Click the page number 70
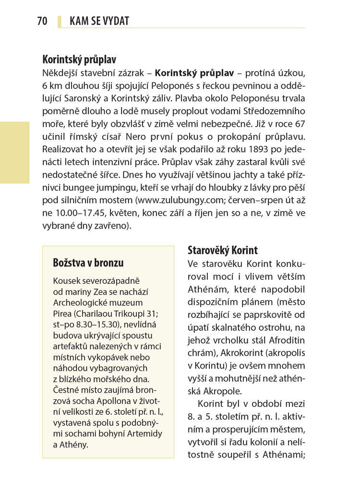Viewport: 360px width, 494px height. pyautogui.click(x=42, y=21)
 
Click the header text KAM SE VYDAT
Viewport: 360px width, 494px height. pyautogui.click(x=99, y=21)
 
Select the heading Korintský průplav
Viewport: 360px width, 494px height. pyautogui.click(x=79, y=60)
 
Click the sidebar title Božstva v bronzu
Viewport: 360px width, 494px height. pyautogui.click(x=88, y=263)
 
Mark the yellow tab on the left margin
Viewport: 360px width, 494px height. pyautogui.click(x=14, y=153)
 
